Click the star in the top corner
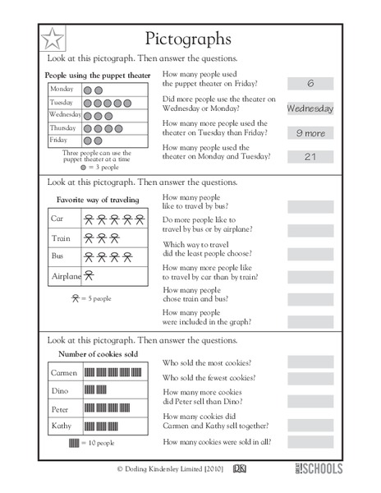(52, 38)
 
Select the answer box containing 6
(310, 83)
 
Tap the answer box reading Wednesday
(310, 108)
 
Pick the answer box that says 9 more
(310, 132)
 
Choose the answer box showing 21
(310, 156)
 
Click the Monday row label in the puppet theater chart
(62, 89)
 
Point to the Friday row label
(60, 141)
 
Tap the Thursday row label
(62, 128)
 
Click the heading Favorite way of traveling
(98, 200)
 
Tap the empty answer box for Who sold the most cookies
(310, 362)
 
